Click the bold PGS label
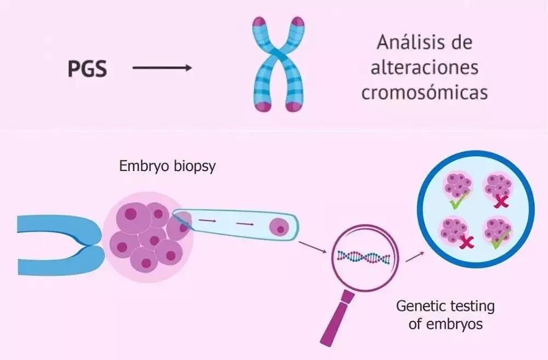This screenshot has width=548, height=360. (x=87, y=68)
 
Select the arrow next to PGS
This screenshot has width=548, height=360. (x=162, y=68)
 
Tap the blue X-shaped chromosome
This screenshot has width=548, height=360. (x=278, y=64)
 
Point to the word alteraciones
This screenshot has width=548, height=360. (x=425, y=67)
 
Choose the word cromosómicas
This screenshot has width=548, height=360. (x=425, y=92)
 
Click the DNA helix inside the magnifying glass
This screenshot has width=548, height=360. (x=363, y=258)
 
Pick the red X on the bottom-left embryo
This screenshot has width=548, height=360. (x=466, y=242)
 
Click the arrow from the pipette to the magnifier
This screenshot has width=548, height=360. (x=313, y=247)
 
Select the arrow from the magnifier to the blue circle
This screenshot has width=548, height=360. (x=415, y=257)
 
